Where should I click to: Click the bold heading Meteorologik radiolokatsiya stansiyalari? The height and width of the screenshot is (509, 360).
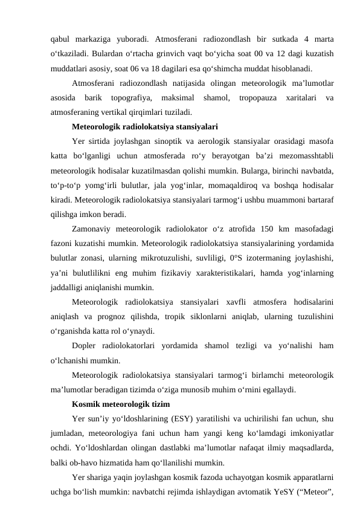145,127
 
